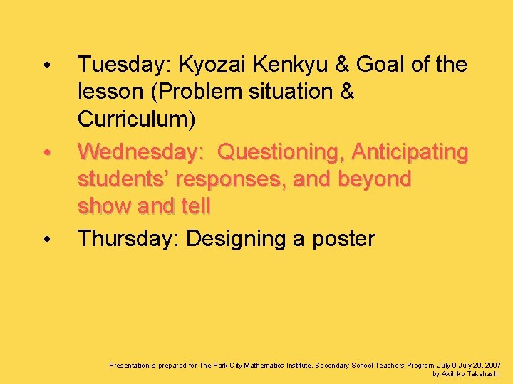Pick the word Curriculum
coord(136,119)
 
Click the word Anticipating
coord(410,152)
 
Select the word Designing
coord(236,239)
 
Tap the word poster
coord(343,239)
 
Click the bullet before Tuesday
coord(46,66)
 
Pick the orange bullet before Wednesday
coord(46,153)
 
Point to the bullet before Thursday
coord(46,240)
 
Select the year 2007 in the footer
coord(492,365)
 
